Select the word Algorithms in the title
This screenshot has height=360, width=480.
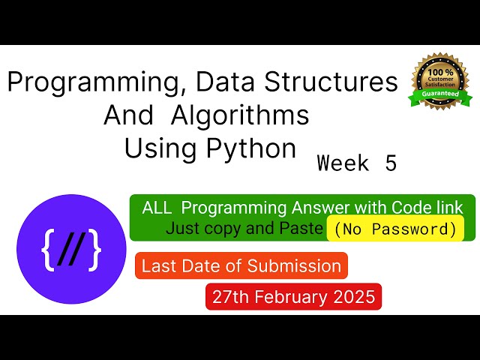click(240, 115)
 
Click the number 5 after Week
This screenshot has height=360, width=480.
click(390, 163)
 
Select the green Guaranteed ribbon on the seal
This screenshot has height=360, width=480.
click(440, 97)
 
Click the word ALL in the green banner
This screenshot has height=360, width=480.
click(157, 207)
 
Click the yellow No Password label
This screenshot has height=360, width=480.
click(395, 229)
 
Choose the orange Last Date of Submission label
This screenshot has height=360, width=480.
click(241, 265)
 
